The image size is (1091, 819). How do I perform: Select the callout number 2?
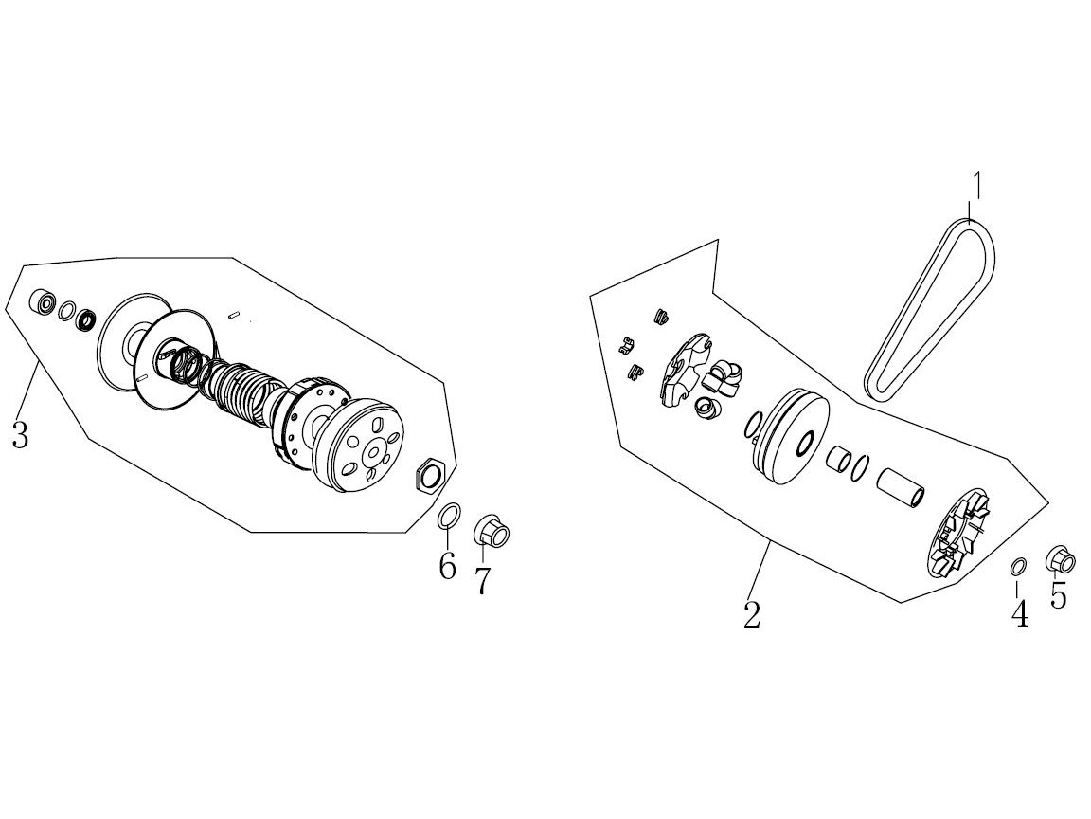point(752,613)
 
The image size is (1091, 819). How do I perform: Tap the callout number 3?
point(20,434)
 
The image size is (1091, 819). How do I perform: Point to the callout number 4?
point(1019,613)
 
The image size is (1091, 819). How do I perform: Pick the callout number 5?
point(1058,595)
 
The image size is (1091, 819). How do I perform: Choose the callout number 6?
point(447,565)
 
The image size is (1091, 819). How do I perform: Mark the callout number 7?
point(482,580)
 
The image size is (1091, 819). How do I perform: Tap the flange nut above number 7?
point(492,532)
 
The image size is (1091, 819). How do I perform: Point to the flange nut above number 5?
point(1061,559)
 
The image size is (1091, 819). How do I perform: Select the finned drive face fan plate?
point(960,534)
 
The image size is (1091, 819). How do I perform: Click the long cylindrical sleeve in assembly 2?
point(901,487)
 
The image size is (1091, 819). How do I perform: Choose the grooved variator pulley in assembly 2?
point(790,439)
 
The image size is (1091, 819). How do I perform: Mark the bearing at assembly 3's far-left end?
point(44,301)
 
